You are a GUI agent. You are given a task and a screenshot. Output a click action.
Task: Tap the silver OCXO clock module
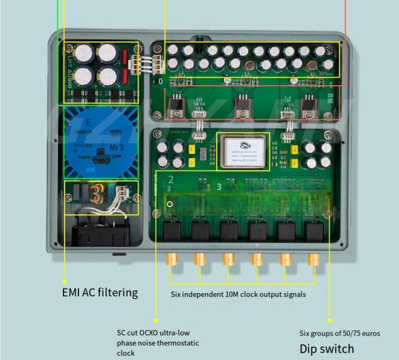click(243, 151)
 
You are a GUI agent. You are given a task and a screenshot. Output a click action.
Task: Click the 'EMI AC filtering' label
click(100, 292)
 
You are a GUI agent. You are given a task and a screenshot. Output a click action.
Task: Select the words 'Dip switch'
click(326, 348)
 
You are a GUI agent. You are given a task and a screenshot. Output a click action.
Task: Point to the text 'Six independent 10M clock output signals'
click(238, 294)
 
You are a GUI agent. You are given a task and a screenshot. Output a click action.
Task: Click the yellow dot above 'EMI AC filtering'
click(64, 280)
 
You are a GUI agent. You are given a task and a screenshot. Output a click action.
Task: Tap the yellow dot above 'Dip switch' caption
click(330, 320)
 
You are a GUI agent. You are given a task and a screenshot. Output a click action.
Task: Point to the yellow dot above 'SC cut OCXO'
click(156, 320)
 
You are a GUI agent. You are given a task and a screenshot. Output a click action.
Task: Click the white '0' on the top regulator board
click(161, 81)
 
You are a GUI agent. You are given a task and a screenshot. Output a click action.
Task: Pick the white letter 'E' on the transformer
click(89, 123)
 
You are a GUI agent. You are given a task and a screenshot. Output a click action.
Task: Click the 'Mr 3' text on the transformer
click(117, 147)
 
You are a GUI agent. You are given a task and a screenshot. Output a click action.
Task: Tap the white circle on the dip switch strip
click(170, 204)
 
